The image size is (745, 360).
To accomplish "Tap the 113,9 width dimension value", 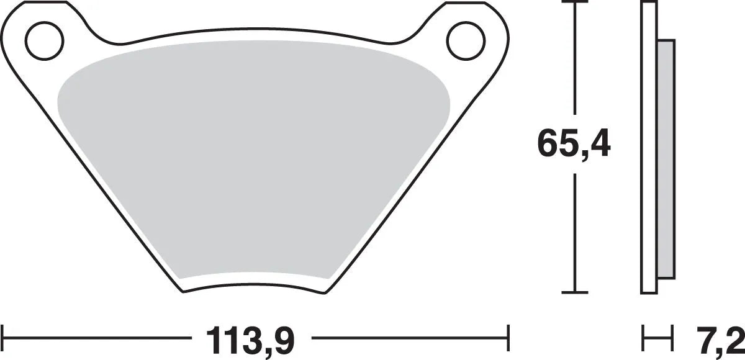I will pyautogui.click(x=250, y=340).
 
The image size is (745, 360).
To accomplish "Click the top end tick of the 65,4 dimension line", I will pyautogui.click(x=578, y=3).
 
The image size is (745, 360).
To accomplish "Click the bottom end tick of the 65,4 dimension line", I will pyautogui.click(x=578, y=291).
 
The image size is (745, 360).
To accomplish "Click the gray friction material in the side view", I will pyautogui.click(x=666, y=158).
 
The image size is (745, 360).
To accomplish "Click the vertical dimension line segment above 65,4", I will pyautogui.click(x=578, y=62).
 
